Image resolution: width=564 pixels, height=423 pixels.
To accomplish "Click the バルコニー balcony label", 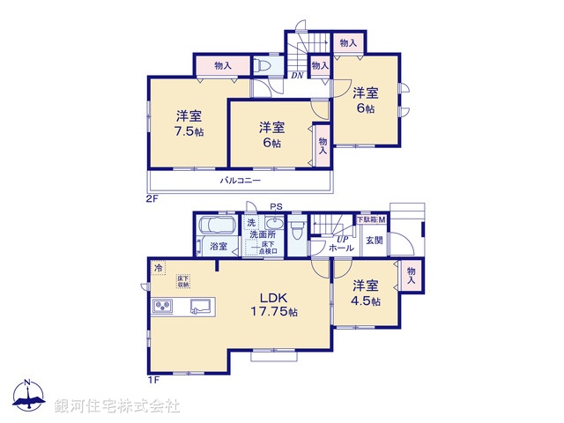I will (x=241, y=180).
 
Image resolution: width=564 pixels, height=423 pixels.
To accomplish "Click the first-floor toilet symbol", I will (x=295, y=229).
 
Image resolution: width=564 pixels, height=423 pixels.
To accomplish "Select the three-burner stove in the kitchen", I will (x=164, y=306).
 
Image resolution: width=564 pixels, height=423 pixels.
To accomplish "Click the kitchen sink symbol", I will (x=199, y=307).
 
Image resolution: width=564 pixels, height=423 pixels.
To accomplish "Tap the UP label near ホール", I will (x=339, y=239).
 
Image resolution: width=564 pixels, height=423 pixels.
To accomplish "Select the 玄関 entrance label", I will (x=375, y=240).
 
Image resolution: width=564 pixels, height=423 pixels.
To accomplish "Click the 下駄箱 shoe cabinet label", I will (x=367, y=219).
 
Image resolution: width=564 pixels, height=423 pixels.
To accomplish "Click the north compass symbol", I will (x=29, y=397).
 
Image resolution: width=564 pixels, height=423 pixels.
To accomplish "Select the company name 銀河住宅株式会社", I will (x=116, y=405).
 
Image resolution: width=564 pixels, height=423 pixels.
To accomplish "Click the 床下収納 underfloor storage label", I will (x=182, y=281).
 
